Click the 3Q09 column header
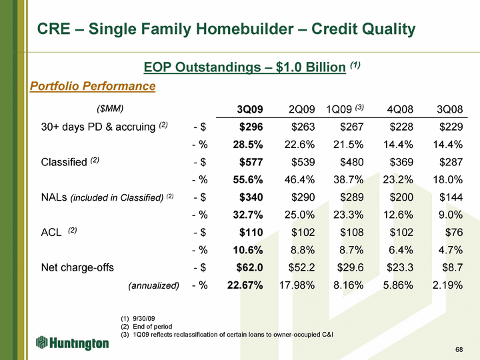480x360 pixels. click(250, 109)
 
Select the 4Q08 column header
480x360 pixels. click(400, 109)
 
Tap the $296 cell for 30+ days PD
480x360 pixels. click(251, 127)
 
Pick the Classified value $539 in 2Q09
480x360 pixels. click(303, 162)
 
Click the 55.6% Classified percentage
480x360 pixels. click(248, 179)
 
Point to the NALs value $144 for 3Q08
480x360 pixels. click(451, 197)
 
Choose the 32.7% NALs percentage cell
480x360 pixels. click(248, 215)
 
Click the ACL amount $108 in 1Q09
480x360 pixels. click(352, 233)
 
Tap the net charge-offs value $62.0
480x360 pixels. click(249, 267)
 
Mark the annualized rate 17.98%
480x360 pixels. click(297, 285)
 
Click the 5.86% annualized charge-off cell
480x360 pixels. click(398, 285)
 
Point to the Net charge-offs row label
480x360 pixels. click(77, 267)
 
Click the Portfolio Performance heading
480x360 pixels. click(93, 86)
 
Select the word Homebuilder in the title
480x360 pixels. click(244, 29)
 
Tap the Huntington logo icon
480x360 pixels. click(41, 342)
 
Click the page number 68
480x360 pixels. click(459, 349)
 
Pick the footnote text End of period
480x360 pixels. click(153, 326)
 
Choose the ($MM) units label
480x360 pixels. click(110, 109)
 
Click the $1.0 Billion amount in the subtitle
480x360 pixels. click(311, 67)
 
